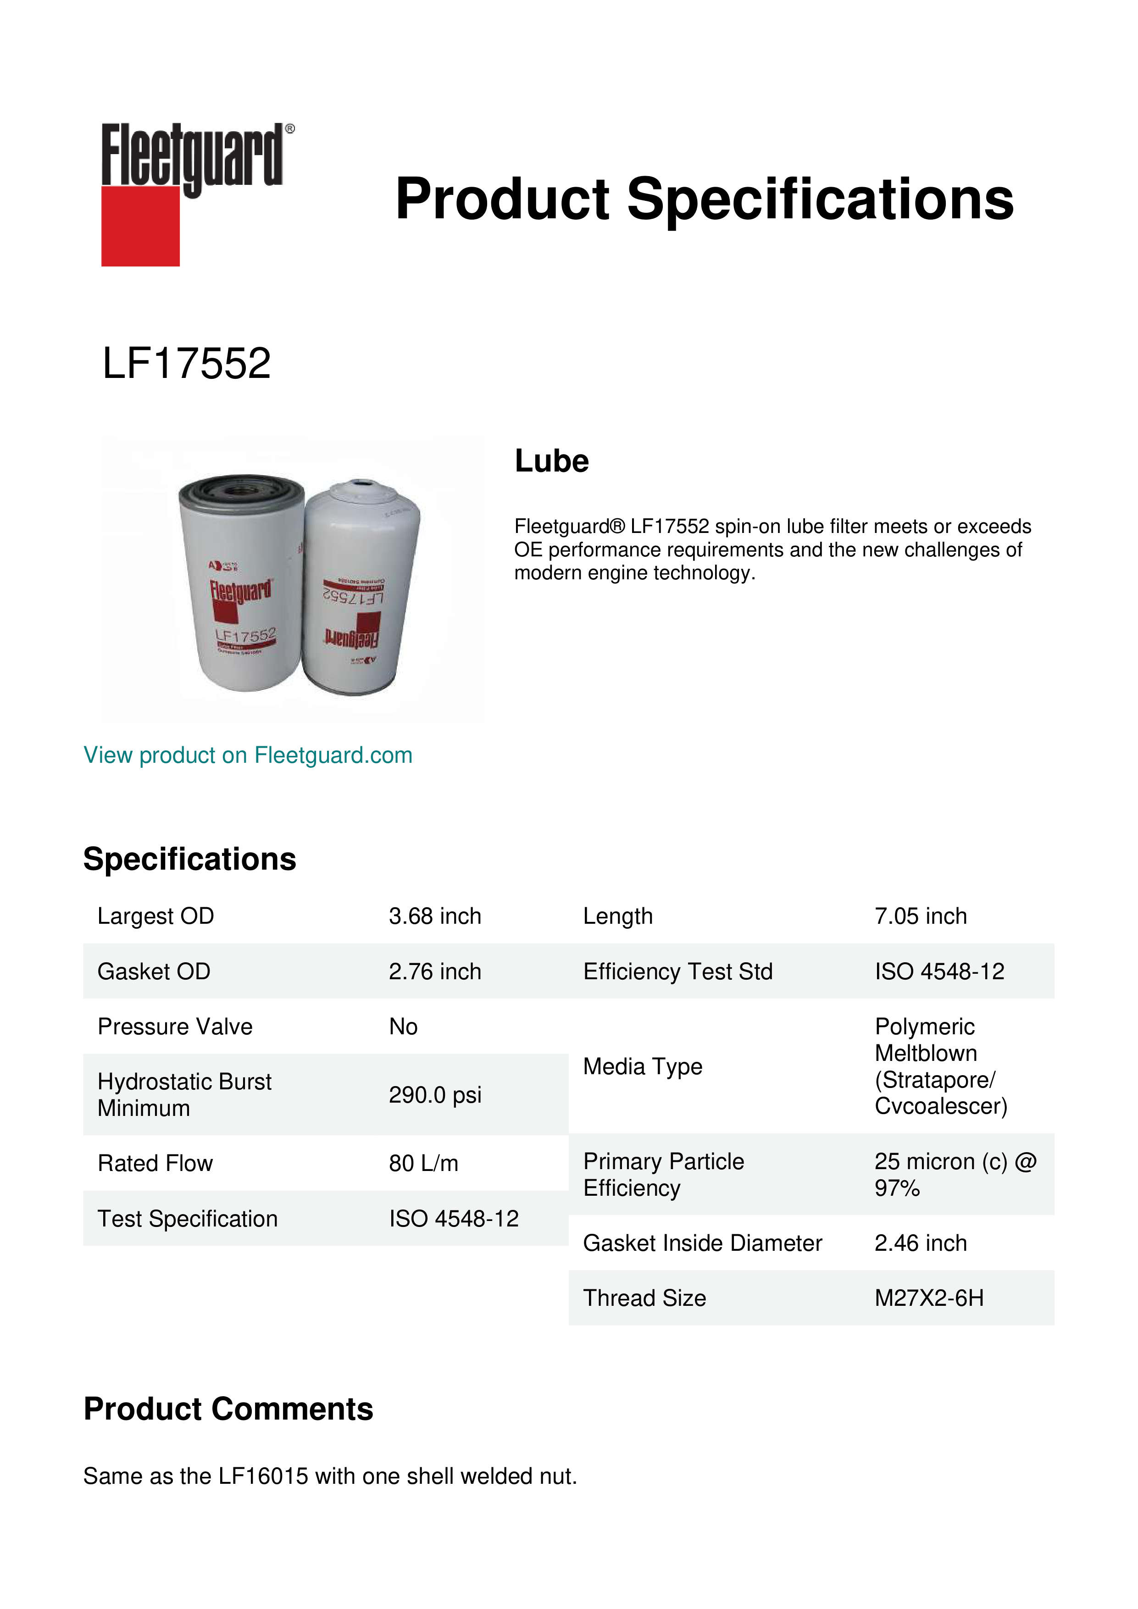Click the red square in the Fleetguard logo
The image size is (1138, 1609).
click(x=140, y=226)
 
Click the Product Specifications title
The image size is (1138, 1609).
click(x=704, y=199)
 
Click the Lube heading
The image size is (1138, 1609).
click(x=551, y=461)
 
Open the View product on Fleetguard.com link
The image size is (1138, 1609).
click(x=248, y=755)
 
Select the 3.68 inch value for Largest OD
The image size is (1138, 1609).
click(x=434, y=916)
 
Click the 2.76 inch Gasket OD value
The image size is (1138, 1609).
click(x=434, y=971)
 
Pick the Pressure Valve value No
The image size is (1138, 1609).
click(x=403, y=1026)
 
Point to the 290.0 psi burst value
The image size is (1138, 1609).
click(x=434, y=1095)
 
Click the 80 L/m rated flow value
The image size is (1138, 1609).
click(x=423, y=1163)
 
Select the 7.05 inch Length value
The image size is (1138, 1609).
click(x=920, y=916)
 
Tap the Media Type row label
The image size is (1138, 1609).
click(x=643, y=1066)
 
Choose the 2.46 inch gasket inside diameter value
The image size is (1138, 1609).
click(x=920, y=1243)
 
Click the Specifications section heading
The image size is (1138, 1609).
click(x=190, y=859)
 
